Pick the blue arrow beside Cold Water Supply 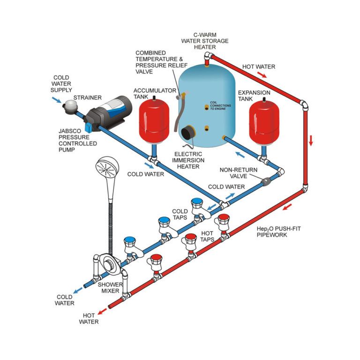pyautogui.click(x=56, y=99)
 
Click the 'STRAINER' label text pyautogui.click(x=90, y=97)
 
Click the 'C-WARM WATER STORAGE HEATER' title pyautogui.click(x=204, y=41)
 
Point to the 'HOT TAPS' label pyautogui.click(x=206, y=236)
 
